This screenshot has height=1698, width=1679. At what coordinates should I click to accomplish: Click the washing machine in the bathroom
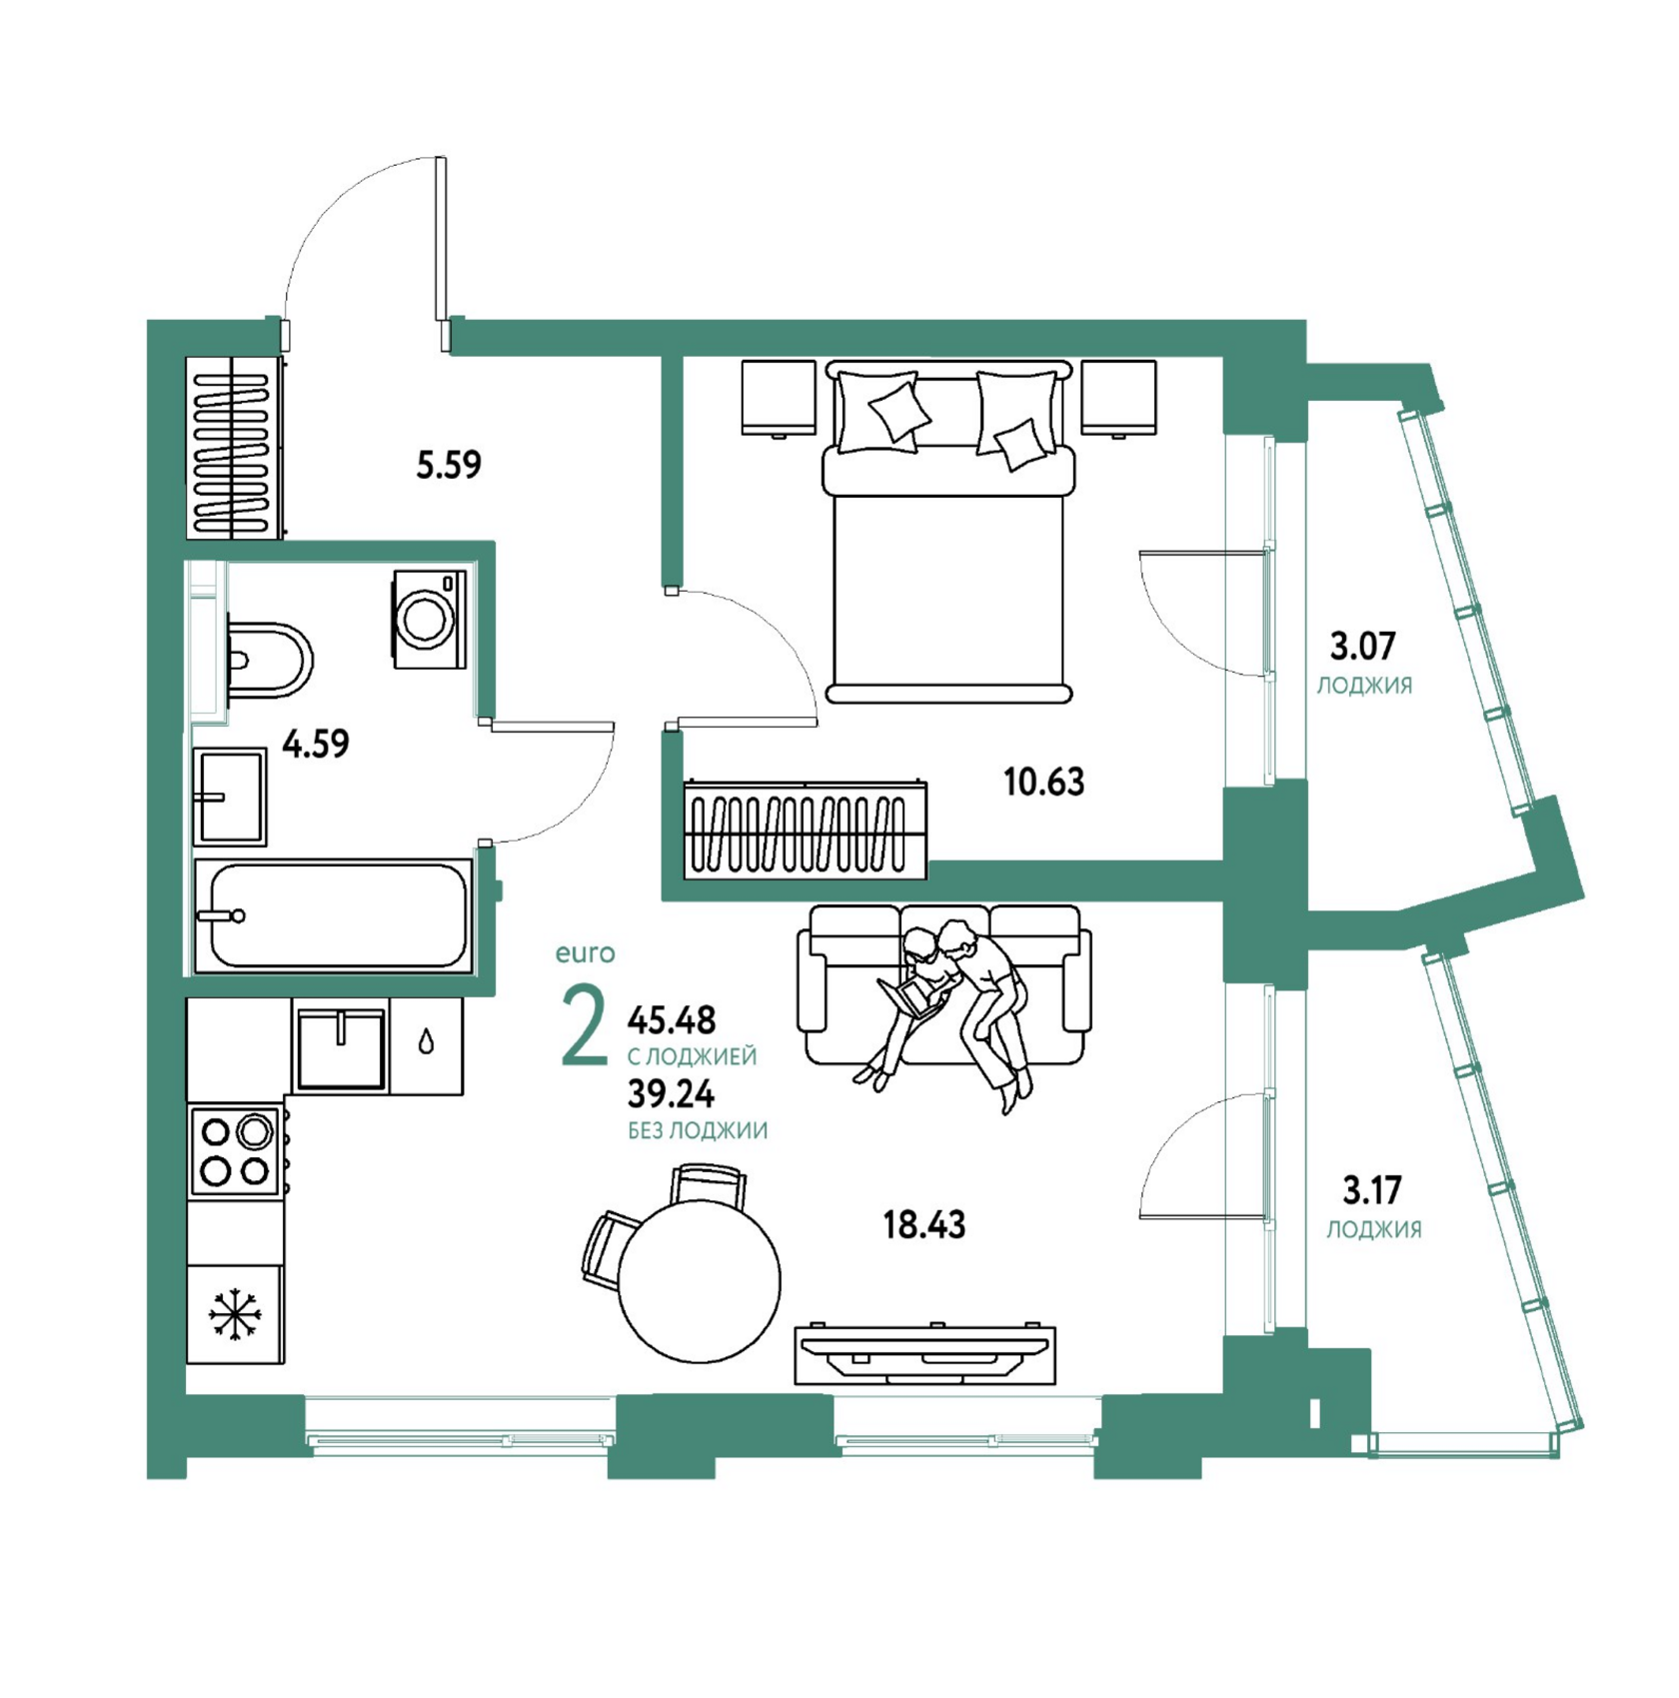430,619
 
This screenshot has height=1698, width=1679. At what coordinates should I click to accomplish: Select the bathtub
333,914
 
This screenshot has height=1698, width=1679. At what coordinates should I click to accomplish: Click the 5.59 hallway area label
449,465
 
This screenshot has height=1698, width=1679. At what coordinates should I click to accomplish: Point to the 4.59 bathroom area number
316,744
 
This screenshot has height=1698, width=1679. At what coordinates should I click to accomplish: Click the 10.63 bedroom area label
1043,782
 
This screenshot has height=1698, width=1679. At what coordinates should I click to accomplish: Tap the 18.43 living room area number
924,1224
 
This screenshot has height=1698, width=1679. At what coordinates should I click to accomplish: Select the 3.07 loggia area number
1362,647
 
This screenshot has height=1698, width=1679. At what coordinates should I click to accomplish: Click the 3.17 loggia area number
1371,1190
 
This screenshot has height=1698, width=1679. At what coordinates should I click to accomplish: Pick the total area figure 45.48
672,1020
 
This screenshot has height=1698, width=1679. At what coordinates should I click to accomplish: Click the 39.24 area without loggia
671,1095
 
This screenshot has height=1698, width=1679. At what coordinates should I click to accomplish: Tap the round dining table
699,1279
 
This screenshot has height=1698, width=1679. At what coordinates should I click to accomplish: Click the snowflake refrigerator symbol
235,1313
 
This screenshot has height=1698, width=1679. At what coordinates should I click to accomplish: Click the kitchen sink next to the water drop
341,1046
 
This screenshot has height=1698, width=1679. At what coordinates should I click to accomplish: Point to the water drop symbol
427,1042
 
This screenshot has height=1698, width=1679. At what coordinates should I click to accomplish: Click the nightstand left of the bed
779,398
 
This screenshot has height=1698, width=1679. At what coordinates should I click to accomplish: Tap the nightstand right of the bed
1118,398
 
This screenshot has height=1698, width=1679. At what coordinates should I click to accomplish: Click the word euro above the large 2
586,953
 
